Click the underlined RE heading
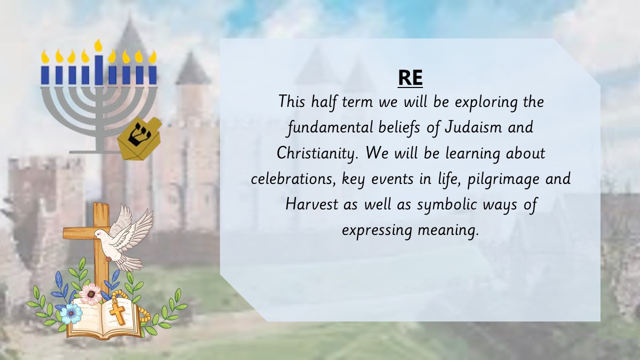pyautogui.click(x=410, y=77)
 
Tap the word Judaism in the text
pyautogui.click(x=473, y=127)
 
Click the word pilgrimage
pyautogui.click(x=503, y=179)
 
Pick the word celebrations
pyautogui.click(x=293, y=179)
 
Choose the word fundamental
pyautogui.click(x=330, y=127)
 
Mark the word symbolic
pyautogui.click(x=447, y=205)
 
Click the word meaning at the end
pyautogui.click(x=448, y=230)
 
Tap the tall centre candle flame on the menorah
pyautogui.click(x=98, y=45)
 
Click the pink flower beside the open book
pyautogui.click(x=90, y=294)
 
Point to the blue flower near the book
pyautogui.click(x=70, y=313)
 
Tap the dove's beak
pyautogui.click(x=94, y=237)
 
